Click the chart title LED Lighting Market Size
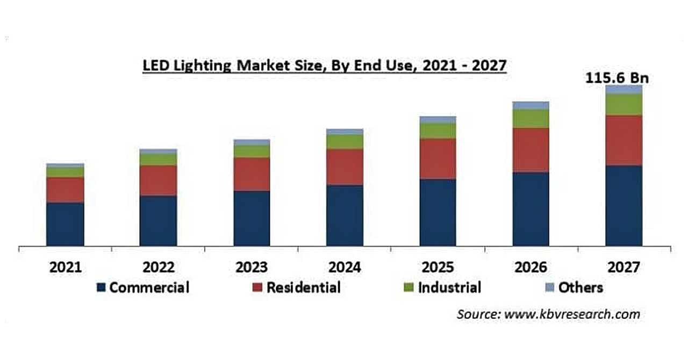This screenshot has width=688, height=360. coord(324,66)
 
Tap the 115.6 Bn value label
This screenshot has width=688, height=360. coord(617,78)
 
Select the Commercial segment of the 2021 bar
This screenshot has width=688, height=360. coord(65,224)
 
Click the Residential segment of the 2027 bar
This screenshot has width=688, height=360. coord(623,140)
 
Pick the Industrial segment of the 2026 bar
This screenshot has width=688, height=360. coord(531,119)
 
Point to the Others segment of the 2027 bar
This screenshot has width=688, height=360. coord(623,89)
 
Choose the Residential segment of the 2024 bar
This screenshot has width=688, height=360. coord(345,167)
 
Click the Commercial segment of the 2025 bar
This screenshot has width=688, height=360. coord(438,212)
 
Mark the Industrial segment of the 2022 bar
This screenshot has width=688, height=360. coord(158,160)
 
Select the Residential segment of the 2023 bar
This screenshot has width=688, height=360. coord(252,174)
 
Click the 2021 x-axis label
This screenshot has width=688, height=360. coord(65,267)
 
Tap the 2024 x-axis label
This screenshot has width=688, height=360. coord(345,267)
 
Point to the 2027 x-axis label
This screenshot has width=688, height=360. coord(623,267)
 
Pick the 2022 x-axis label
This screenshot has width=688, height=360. coord(158,267)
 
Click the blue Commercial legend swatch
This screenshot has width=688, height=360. coord(101,288)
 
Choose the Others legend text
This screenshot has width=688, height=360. coord(580,288)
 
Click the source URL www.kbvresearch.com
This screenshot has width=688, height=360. coord(572,314)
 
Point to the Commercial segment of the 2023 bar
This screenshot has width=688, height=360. coord(252,218)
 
